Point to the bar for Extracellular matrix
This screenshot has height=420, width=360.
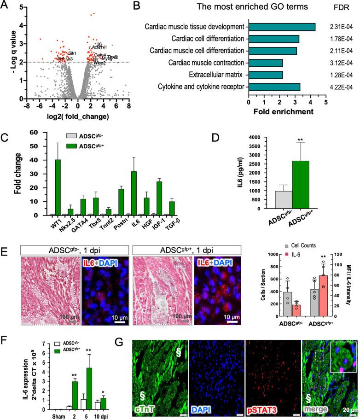point(266,74)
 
